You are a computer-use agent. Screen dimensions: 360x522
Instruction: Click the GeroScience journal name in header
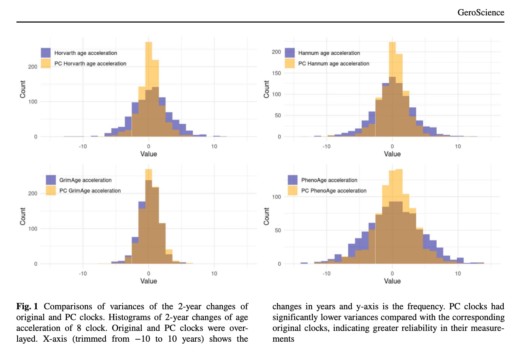click(x=480, y=12)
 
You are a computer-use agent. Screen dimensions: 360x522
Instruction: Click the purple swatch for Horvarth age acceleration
click(x=46, y=53)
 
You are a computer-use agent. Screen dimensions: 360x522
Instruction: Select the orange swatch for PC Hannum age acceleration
click(x=289, y=63)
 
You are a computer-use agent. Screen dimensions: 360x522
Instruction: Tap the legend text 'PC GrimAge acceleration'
click(x=90, y=190)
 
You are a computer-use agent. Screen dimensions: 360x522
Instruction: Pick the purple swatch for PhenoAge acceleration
click(x=292, y=180)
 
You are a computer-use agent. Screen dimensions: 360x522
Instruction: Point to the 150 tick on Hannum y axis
click(x=276, y=73)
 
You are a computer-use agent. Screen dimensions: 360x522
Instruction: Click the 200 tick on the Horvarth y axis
click(x=33, y=66)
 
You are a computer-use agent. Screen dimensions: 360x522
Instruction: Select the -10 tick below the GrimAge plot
click(x=83, y=274)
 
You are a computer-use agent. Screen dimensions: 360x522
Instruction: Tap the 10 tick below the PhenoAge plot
click(x=458, y=274)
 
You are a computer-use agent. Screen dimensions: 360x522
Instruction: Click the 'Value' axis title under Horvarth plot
click(x=148, y=154)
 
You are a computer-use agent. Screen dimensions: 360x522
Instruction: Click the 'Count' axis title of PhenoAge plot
click(x=266, y=216)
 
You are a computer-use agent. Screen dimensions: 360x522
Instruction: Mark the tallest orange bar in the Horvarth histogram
click(x=148, y=65)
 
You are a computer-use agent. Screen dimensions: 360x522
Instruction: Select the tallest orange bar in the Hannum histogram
click(x=392, y=59)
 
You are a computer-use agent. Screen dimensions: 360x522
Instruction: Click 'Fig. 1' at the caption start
click(x=27, y=306)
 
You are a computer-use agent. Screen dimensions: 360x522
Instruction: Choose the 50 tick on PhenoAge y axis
click(x=278, y=230)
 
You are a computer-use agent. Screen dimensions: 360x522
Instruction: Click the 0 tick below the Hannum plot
click(x=392, y=146)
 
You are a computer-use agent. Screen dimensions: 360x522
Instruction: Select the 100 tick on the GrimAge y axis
click(x=33, y=228)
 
